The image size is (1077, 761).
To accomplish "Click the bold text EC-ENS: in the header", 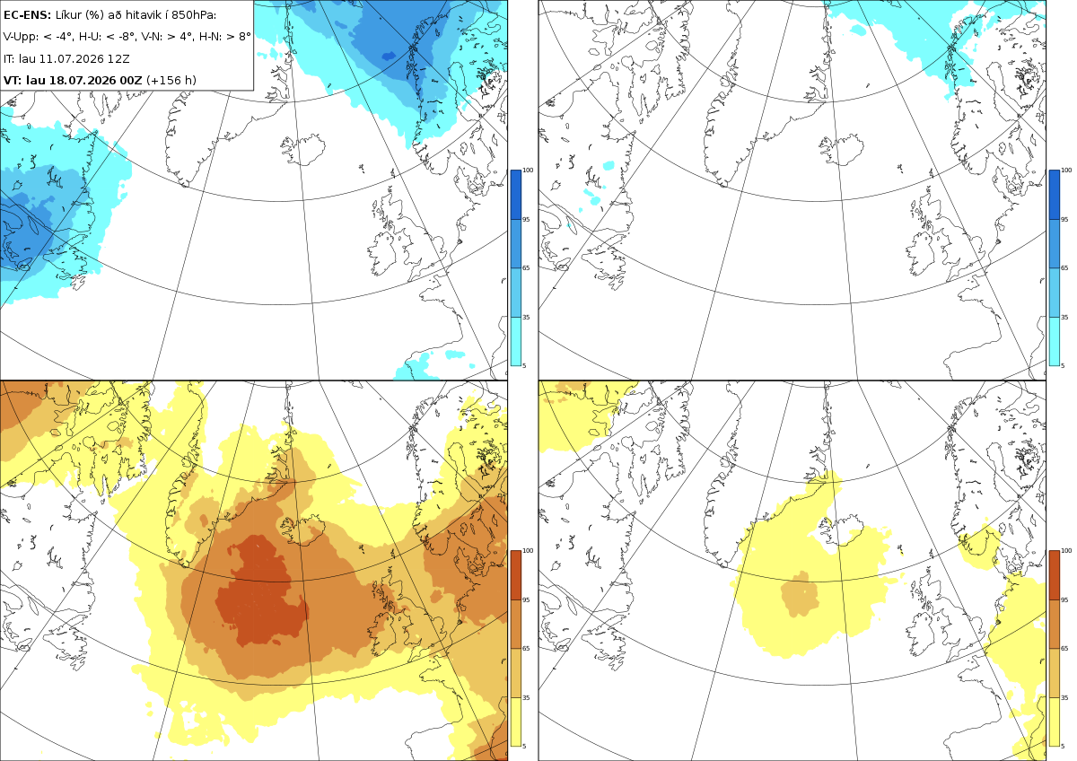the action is (27, 15).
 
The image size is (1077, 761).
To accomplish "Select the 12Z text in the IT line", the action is (118, 58).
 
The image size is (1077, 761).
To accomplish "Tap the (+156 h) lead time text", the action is (171, 80).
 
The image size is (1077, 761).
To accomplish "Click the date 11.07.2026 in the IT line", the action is (72, 58).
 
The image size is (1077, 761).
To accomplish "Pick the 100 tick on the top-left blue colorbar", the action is (528, 171).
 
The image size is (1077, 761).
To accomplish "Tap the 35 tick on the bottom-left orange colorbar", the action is (526, 697).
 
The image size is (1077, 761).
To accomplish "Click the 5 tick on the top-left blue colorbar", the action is (524, 365).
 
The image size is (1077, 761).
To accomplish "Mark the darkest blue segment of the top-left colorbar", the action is (515, 195).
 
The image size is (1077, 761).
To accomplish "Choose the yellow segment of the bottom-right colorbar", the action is (1054, 722).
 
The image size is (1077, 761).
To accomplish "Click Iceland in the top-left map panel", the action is (304, 150).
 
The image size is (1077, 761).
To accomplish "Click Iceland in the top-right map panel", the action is (843, 150).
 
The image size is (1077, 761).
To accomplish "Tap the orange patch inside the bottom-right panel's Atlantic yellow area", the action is (800, 594).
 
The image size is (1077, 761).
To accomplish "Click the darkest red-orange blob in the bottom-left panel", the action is (262, 591).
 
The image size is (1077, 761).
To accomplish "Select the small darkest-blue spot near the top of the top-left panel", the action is (389, 57).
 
